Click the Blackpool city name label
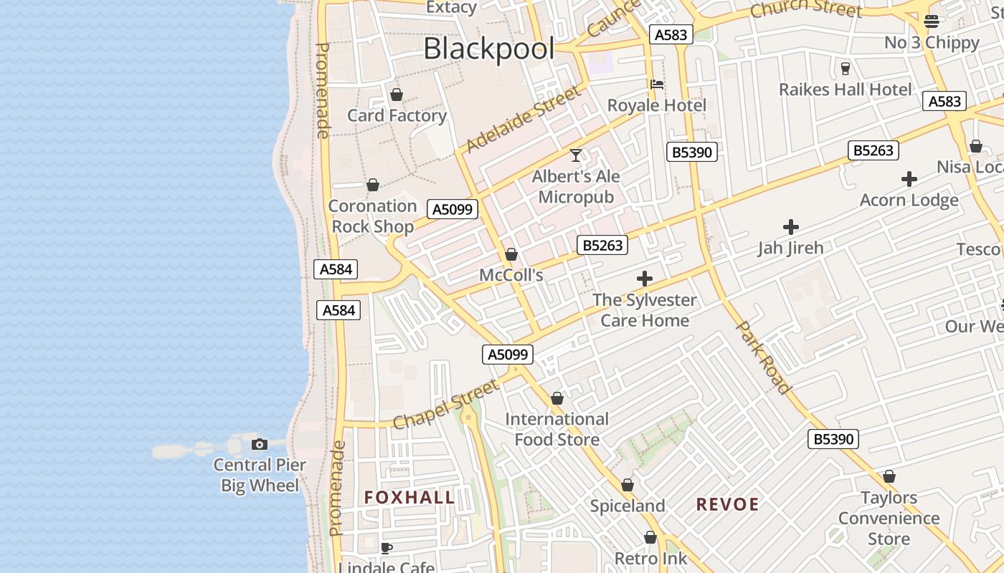tap(488, 49)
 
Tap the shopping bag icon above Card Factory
tap(396, 95)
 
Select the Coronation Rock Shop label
tap(372, 216)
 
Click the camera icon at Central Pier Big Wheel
tap(260, 445)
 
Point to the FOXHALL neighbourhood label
tap(409, 497)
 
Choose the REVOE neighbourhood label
tap(727, 504)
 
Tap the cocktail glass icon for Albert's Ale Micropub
tap(575, 155)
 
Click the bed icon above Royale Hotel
tap(656, 85)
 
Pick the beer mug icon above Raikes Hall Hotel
tap(845, 69)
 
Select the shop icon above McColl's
tap(511, 254)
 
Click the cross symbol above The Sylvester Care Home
tap(645, 279)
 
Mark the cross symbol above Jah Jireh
tap(791, 227)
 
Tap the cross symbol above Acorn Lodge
tap(909, 179)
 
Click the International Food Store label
tap(557, 429)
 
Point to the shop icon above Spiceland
tap(627, 486)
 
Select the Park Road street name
tap(764, 357)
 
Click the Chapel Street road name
tap(445, 404)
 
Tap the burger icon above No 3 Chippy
tap(932, 21)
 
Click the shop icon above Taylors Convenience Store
tap(889, 476)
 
